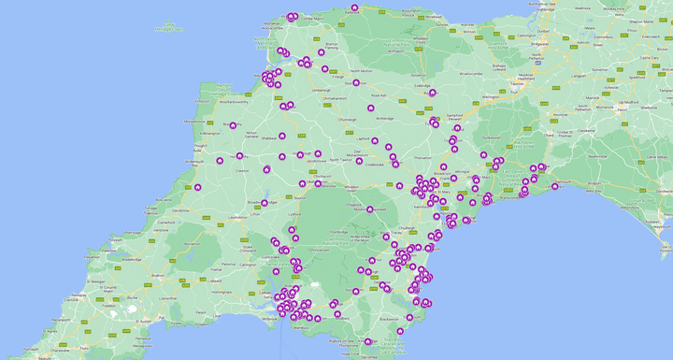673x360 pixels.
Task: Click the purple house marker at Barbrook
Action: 354,7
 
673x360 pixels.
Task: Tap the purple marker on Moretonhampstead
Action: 370,209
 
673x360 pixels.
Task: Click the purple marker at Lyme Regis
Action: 554,186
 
